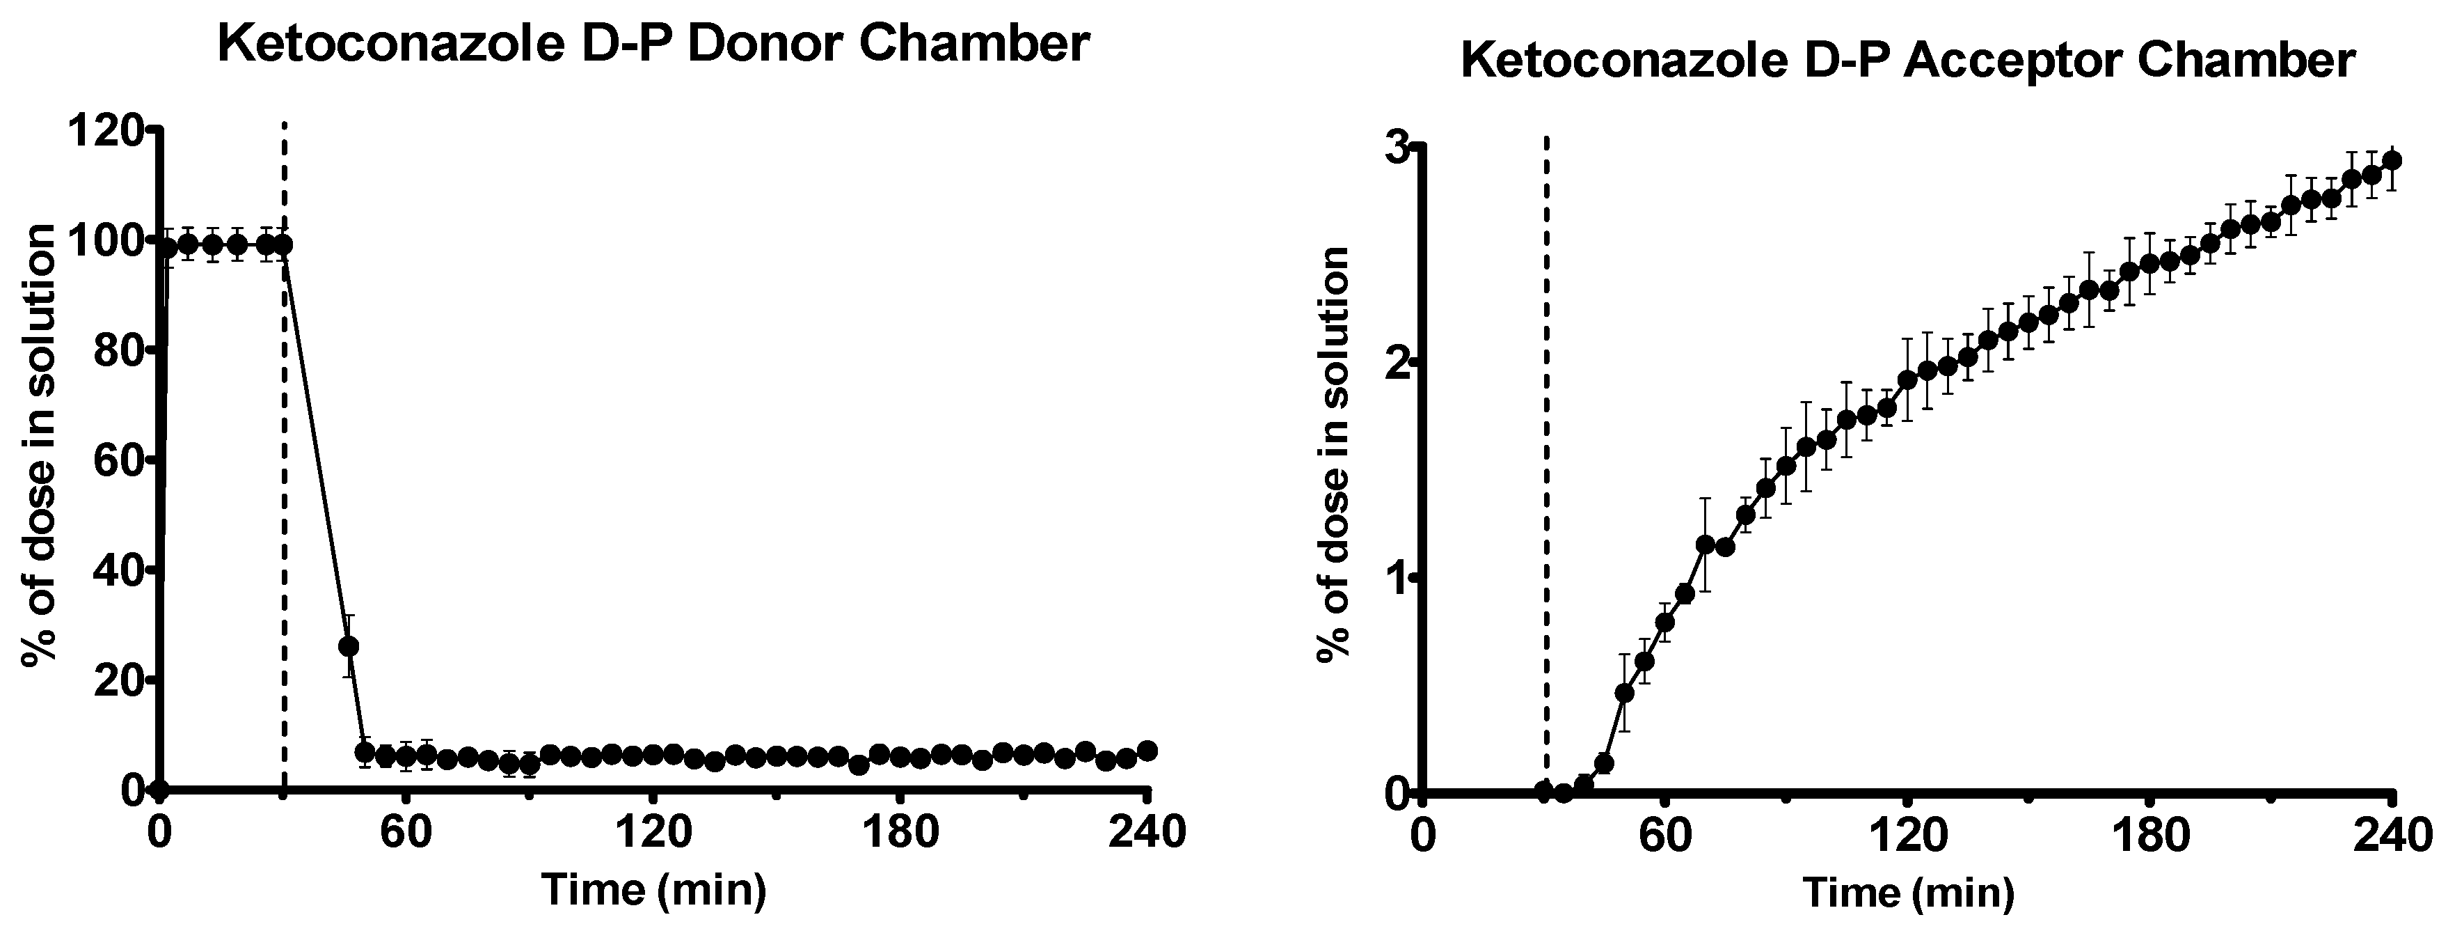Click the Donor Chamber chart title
653,45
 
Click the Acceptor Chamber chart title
1907,62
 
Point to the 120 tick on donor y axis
107,130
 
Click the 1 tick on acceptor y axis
1399,579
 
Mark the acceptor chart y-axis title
1333,455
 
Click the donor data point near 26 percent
349,647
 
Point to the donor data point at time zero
160,790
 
